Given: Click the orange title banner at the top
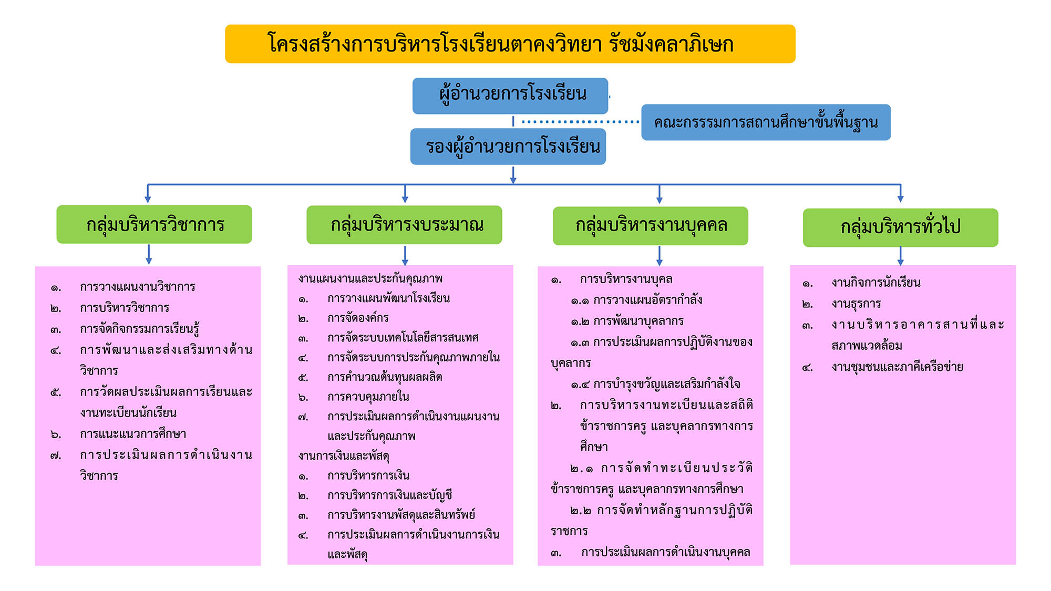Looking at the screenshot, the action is coord(510,44).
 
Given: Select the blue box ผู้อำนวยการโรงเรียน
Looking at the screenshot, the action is coord(510,96).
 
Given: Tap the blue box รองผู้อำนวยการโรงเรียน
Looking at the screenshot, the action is coord(508,147).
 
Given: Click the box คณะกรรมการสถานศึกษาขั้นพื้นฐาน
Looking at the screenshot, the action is coord(766,122).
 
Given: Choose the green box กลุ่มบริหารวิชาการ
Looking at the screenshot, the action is coord(154,224).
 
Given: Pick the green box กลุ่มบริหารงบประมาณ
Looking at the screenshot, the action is coord(404,225).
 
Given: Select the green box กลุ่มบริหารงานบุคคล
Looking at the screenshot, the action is coord(651,226).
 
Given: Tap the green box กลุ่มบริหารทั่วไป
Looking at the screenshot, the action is coord(900,227).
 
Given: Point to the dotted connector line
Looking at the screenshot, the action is coord(580,122).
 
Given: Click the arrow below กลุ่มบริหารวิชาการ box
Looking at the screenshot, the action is coord(149,254).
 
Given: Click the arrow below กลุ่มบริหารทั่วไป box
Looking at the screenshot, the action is coord(900,256).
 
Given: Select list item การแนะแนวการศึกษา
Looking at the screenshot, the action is coord(133,434).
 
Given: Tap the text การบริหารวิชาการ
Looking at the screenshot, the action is coord(125,308).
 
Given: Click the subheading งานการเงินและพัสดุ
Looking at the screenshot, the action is coord(344,456).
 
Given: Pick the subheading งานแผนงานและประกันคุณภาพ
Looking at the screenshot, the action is coord(370,278).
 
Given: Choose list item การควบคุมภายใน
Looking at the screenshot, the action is coord(368,397).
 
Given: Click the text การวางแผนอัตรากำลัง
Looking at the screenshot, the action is coord(648,300).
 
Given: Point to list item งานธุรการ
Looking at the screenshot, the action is coord(856,304).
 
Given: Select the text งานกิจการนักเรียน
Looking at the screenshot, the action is coord(876,283).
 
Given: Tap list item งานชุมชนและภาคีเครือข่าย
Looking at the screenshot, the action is coord(897,367).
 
